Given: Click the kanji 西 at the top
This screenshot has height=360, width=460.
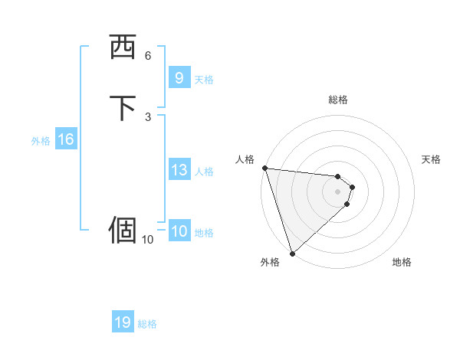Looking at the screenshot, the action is coord(123,47).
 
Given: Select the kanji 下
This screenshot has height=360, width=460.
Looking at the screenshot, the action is coord(123,108).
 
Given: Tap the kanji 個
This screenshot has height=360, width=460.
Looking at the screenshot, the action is coord(123,229).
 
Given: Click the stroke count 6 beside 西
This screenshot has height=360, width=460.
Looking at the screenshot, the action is coord(148,55).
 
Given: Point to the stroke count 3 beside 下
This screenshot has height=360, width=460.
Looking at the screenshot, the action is coord(148,116).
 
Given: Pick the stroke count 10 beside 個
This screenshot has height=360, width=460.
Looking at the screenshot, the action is coord(147,240).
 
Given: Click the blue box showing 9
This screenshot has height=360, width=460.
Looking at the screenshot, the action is coord(179,78).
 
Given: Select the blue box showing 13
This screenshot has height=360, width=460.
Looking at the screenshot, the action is coord(179,170).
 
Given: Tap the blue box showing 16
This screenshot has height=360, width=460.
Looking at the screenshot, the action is coord(65,139).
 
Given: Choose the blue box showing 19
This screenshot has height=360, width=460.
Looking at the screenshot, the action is coord(123,322).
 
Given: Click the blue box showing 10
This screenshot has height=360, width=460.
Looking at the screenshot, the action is coord(179,231).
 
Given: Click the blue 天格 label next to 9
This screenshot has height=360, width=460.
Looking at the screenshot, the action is coord(204,79).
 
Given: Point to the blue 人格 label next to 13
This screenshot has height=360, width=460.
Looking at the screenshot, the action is coord(204,172).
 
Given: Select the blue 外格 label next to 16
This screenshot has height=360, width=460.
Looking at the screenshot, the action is coord(41,141).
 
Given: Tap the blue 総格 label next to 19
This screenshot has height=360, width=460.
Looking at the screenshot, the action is coord(147,324).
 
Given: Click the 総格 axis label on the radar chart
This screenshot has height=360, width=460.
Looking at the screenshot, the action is coord(337,100).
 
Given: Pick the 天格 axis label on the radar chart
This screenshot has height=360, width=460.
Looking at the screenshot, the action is coord(431,159).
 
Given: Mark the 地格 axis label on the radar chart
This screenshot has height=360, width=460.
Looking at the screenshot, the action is coord(402,262).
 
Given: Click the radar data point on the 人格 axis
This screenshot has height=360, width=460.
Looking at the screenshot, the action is coord(264,168).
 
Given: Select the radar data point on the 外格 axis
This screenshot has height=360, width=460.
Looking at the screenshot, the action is coord(292,252).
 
